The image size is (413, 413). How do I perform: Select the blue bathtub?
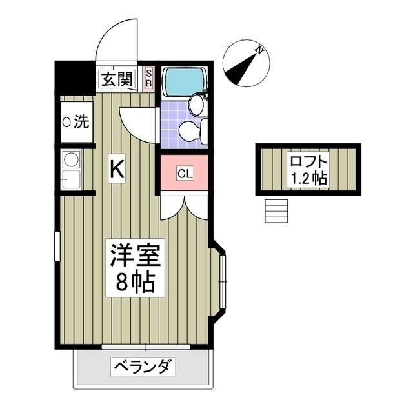pyautogui.click(x=184, y=82)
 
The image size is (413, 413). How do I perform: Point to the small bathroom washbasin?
pyautogui.click(x=196, y=103)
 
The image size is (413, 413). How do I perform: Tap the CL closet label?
pyautogui.click(x=185, y=173)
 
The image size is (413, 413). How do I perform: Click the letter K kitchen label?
pyautogui.click(x=116, y=169)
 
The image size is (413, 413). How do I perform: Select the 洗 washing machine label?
pyautogui.click(x=81, y=121)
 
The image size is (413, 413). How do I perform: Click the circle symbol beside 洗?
pyautogui.click(x=66, y=122)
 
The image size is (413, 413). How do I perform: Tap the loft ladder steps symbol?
pyautogui.click(x=276, y=210)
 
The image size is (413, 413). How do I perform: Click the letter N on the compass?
pyautogui.click(x=258, y=50)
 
